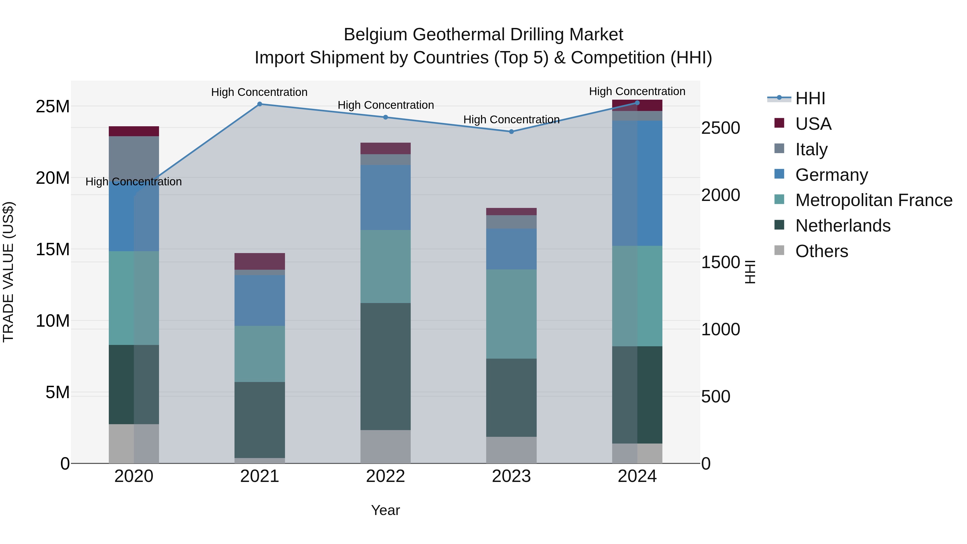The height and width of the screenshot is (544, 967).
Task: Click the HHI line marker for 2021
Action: [x=259, y=104]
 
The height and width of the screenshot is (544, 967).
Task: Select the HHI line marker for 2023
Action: [x=511, y=131]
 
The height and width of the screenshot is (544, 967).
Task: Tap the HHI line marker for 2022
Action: [x=385, y=117]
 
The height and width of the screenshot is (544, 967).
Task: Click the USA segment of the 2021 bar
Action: [x=259, y=261]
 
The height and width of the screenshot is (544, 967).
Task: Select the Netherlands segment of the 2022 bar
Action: [x=385, y=366]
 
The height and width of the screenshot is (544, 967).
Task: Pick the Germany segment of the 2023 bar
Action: [x=511, y=249]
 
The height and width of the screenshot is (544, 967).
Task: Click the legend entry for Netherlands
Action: [x=843, y=226]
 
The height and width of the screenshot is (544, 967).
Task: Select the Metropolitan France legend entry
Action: [x=874, y=200]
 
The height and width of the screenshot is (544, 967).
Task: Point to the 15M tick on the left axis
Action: [x=53, y=249]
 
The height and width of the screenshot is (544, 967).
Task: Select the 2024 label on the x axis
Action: [x=637, y=476]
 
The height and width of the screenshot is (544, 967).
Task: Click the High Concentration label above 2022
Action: [x=385, y=105]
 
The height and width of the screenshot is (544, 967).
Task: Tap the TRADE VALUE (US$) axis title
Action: [x=8, y=272]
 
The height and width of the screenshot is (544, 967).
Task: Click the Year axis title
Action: [x=385, y=510]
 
